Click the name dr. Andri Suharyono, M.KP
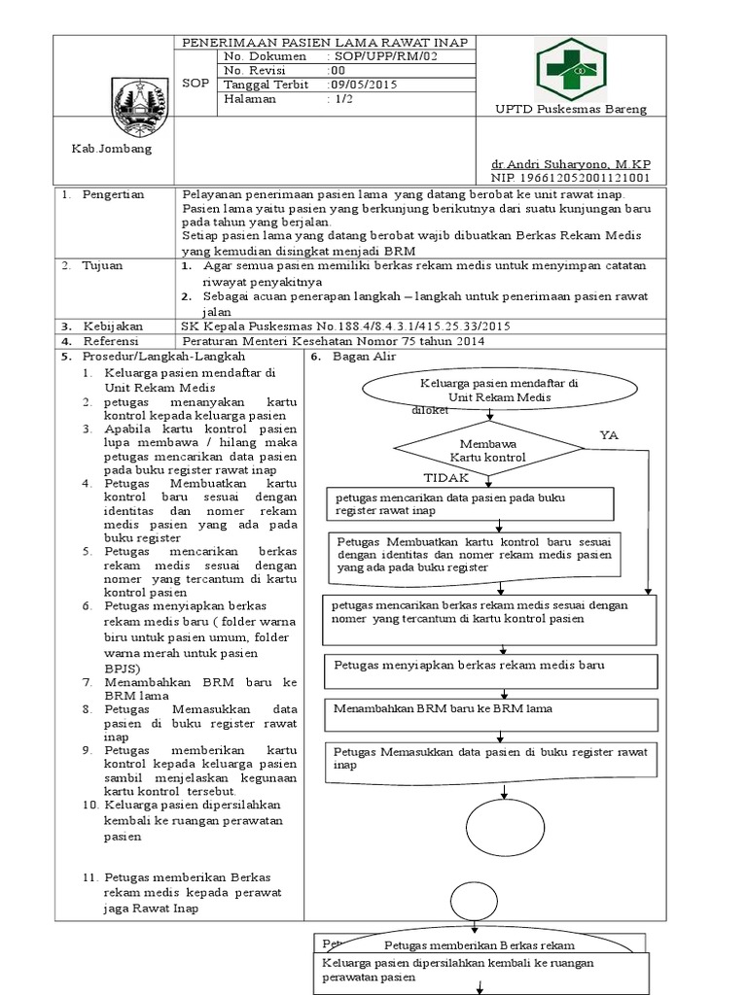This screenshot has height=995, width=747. pyautogui.click(x=571, y=165)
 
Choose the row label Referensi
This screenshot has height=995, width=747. pyautogui.click(x=110, y=341)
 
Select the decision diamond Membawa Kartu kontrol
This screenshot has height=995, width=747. pyautogui.click(x=488, y=449)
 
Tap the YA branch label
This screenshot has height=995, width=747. pyautogui.click(x=609, y=435)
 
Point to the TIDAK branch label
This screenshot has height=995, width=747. pyautogui.click(x=446, y=478)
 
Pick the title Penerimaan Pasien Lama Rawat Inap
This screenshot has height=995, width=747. pyautogui.click(x=325, y=42)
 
